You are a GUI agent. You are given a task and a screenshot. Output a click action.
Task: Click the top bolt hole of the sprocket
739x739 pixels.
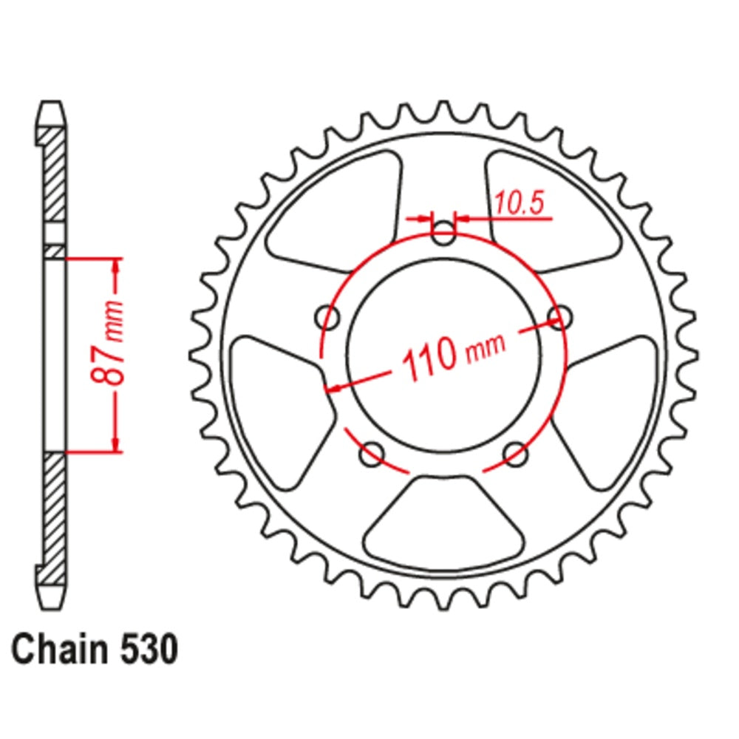click(x=443, y=236)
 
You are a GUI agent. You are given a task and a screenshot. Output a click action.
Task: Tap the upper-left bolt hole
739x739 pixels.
click(x=327, y=319)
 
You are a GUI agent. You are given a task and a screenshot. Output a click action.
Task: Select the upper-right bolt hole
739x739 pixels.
click(x=560, y=318)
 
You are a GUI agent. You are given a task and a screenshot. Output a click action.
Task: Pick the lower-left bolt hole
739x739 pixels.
click(x=371, y=454)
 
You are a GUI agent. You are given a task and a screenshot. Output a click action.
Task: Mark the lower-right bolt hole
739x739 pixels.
click(x=516, y=454)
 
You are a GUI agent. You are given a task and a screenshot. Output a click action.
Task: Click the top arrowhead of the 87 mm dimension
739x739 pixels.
click(x=115, y=266)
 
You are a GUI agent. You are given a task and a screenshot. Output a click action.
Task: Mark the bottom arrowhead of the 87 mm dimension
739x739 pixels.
click(x=115, y=443)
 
